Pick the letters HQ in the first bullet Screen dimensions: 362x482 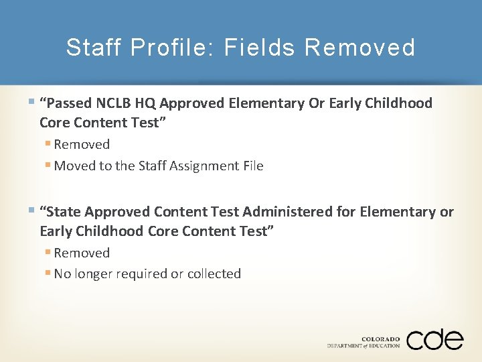coord(146,103)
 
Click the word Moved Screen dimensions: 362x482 coord(74,166)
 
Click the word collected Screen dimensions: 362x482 coord(214,274)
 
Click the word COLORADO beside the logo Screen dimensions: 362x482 coord(380,339)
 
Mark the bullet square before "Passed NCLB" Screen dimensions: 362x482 coord(33,103)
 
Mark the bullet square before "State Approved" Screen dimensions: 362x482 coord(33,211)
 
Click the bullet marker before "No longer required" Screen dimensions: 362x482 coord(49,273)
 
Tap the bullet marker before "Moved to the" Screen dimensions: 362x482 coord(49,165)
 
